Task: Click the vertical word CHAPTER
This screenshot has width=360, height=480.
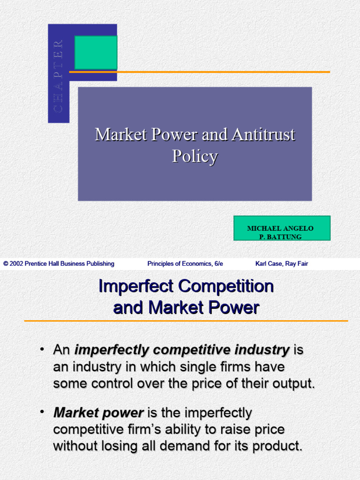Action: click(58, 76)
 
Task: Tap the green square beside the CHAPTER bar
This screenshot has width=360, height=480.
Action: click(96, 52)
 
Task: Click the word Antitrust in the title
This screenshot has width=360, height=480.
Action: click(263, 135)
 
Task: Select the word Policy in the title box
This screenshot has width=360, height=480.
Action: click(195, 156)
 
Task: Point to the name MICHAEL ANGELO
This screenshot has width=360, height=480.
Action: click(280, 228)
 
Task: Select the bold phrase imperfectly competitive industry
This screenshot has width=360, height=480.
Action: click(182, 350)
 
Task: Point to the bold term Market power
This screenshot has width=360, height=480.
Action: click(98, 413)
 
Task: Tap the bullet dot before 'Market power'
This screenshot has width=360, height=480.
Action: click(43, 412)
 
